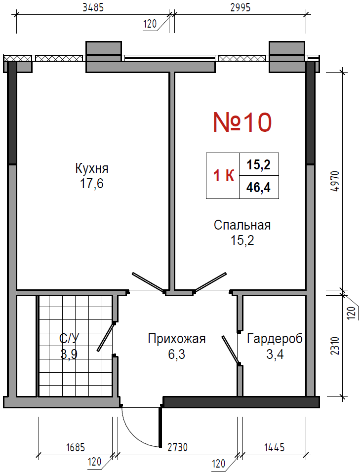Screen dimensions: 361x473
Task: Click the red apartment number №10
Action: point(242,122)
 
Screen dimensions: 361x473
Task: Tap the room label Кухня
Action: point(92,168)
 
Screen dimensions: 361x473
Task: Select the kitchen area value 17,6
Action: point(91,183)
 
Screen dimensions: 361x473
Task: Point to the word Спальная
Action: point(242,225)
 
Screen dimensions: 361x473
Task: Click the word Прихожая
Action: point(177,339)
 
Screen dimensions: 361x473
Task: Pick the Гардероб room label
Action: point(275,339)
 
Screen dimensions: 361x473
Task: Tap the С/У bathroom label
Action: point(69,339)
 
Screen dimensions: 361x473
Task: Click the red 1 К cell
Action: point(224,176)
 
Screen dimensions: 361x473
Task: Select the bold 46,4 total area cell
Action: point(258,187)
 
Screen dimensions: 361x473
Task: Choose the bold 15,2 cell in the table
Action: point(258,165)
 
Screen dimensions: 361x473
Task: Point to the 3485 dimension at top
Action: point(93,7)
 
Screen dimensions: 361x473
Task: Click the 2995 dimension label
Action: point(241,7)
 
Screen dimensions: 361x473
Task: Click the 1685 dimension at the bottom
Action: point(76,447)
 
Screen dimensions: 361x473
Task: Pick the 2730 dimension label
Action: point(177,447)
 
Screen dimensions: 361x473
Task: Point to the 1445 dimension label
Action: point(275,447)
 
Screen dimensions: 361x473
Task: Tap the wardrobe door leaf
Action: point(231,350)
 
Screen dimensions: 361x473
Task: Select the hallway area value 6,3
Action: point(177,354)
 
